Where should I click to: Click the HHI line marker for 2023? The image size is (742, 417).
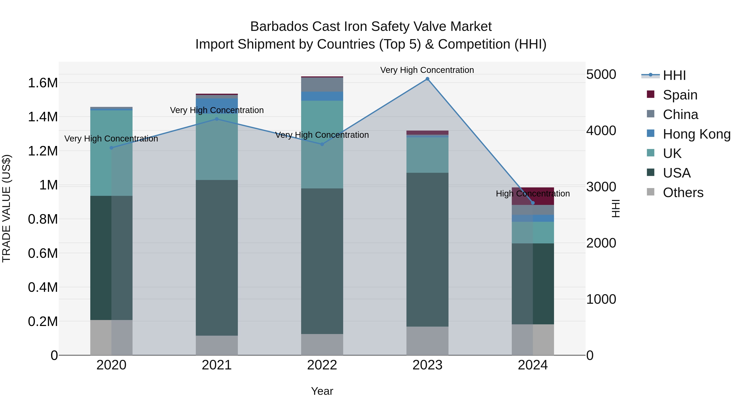(427, 79)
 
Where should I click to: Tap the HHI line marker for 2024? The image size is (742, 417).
(533, 203)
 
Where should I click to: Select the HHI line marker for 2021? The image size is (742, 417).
(217, 119)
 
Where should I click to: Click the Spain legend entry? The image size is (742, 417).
(680, 95)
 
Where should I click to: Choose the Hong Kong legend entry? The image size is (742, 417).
(696, 134)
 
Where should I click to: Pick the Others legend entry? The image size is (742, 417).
(683, 193)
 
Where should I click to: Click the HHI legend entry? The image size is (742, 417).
(674, 75)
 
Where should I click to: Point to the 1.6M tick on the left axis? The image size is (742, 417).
(43, 83)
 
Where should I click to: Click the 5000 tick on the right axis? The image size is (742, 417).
(601, 75)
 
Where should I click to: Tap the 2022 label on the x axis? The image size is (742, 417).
(322, 365)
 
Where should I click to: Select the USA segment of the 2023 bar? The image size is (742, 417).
(427, 250)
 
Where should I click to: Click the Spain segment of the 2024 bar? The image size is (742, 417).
(533, 196)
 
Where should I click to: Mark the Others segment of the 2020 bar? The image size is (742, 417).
(112, 337)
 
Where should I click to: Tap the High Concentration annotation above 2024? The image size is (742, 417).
(533, 194)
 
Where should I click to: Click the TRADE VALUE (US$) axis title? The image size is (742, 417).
(6, 208)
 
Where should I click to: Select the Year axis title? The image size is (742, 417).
(322, 391)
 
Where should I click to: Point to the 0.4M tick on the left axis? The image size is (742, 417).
(43, 287)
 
